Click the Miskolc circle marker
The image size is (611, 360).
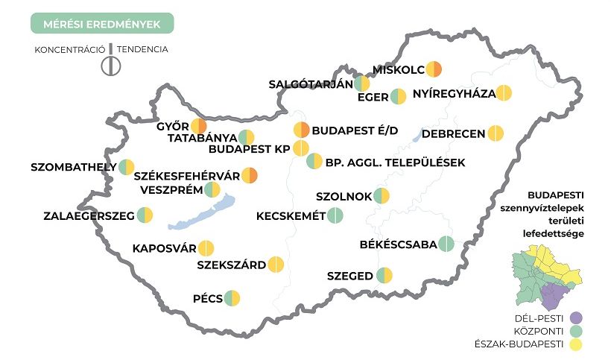click(434, 70)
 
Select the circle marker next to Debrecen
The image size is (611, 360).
click(496, 133)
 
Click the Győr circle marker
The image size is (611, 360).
click(198, 126)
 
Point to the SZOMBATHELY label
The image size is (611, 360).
click(74, 166)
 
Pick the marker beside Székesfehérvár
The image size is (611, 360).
click(250, 176)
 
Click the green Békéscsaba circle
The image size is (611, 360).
click(446, 244)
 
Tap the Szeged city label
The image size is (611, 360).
click(349, 276)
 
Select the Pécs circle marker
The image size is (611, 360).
click(233, 298)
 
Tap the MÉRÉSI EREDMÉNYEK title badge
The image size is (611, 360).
click(102, 24)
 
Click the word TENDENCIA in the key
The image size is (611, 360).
click(142, 50)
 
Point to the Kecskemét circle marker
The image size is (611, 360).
click(335, 216)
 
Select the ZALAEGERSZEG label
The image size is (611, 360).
click(89, 216)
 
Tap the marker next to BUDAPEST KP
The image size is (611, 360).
click(300, 148)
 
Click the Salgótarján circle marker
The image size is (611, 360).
click(361, 83)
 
